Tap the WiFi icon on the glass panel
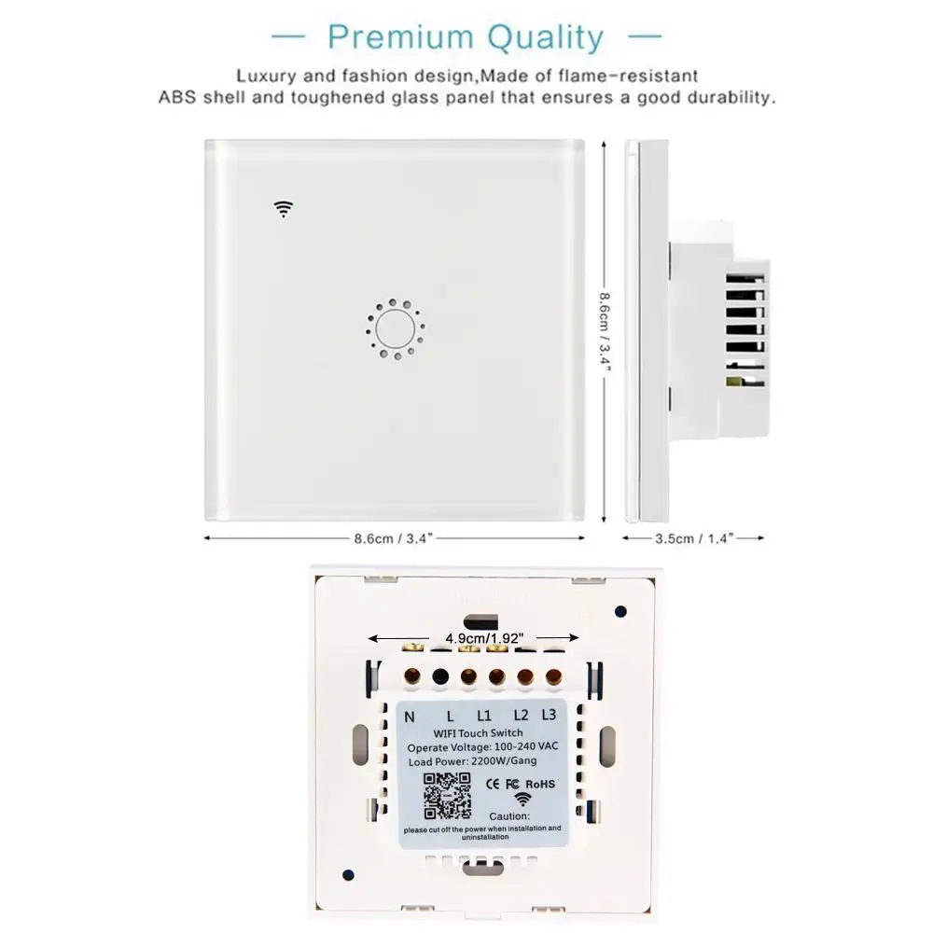(283, 208)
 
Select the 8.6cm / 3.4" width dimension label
(392, 538)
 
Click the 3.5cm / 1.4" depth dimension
(694, 538)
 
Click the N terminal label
(411, 717)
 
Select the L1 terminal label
(484, 717)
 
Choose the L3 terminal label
(549, 715)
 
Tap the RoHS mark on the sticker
(541, 785)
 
